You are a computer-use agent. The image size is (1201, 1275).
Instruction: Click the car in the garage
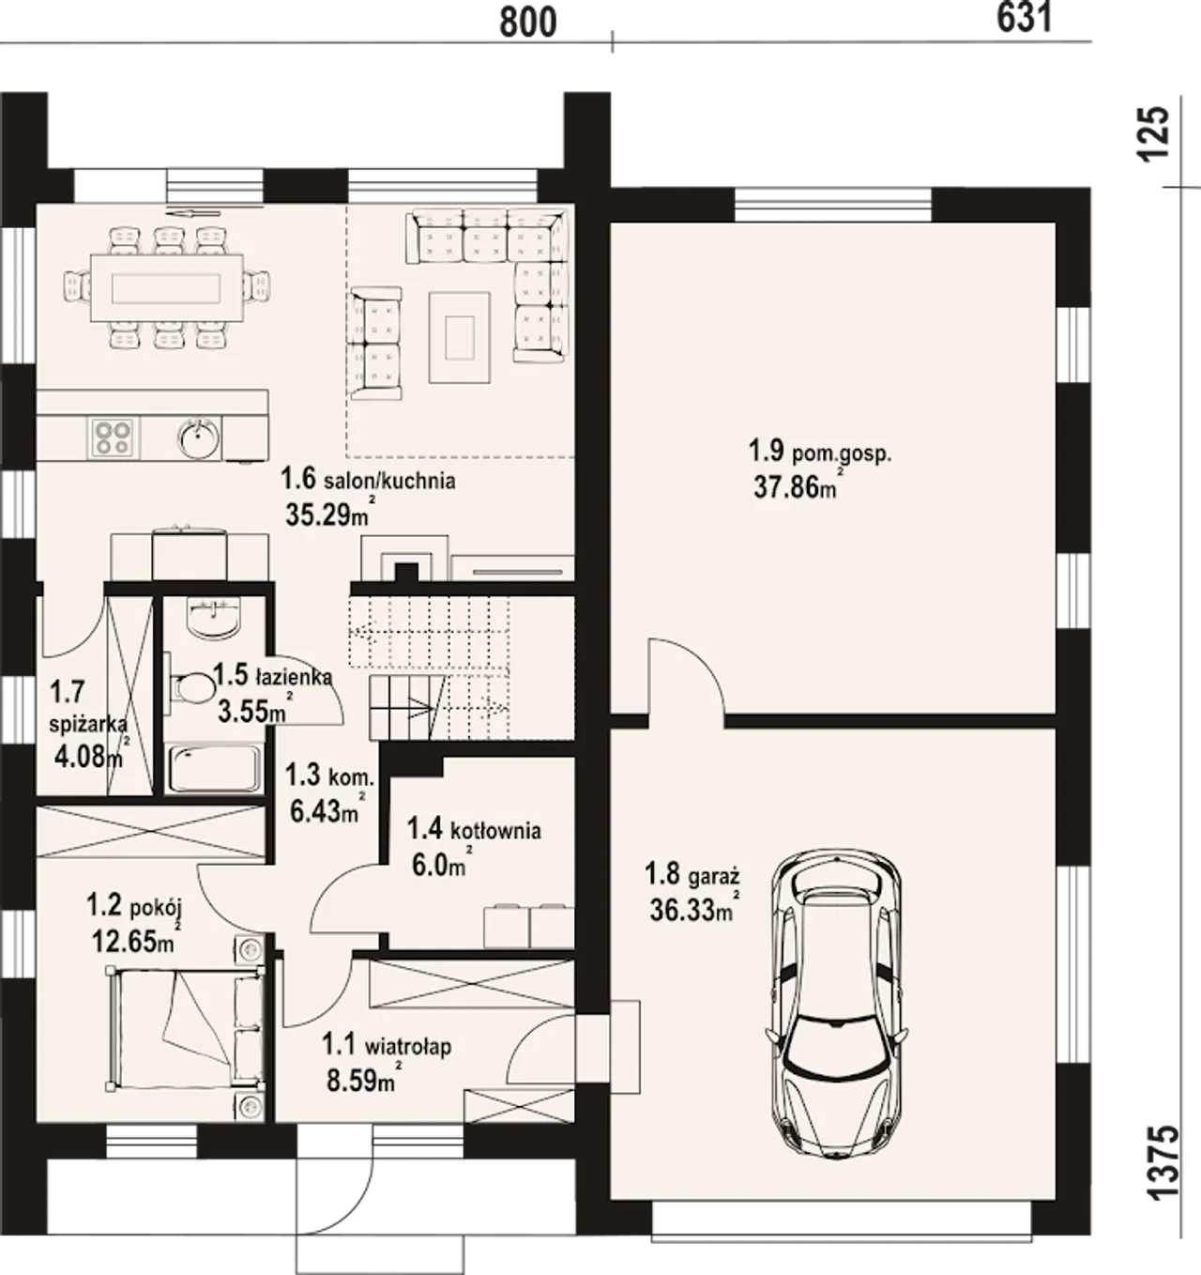click(836, 1009)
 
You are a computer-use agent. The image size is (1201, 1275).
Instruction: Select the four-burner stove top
click(113, 438)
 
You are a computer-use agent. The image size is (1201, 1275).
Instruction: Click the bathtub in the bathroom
click(215, 770)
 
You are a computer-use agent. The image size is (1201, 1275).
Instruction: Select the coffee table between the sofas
click(460, 338)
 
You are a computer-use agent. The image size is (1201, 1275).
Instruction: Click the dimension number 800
click(527, 23)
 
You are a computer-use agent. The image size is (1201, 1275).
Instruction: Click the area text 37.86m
click(796, 487)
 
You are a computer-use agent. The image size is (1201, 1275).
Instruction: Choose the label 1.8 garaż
click(692, 874)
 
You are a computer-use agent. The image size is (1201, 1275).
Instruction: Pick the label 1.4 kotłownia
click(474, 830)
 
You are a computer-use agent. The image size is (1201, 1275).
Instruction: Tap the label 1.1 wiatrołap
click(387, 1046)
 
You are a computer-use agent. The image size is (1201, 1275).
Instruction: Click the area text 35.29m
click(327, 515)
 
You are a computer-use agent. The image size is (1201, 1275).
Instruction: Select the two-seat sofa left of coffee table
click(375, 344)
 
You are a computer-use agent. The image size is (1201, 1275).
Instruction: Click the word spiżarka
click(88, 725)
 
